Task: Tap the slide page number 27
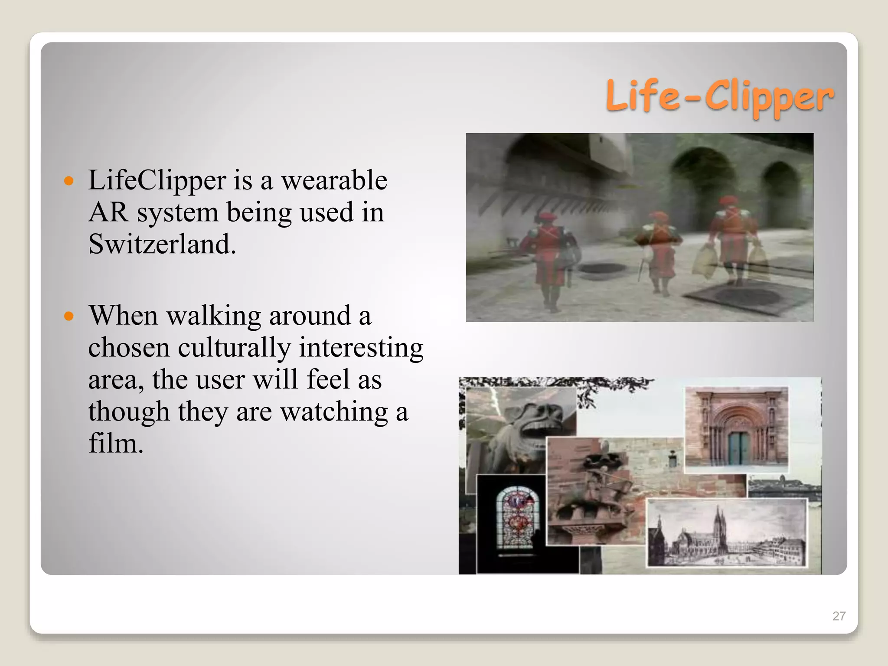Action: [839, 616]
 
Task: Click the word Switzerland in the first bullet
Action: [162, 244]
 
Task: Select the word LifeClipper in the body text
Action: [157, 180]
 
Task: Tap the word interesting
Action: [361, 348]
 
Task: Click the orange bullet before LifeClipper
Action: [69, 180]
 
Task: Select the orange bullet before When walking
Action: [69, 316]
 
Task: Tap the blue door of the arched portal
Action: [738, 449]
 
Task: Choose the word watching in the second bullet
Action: [334, 412]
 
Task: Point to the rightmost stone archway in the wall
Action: [780, 191]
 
